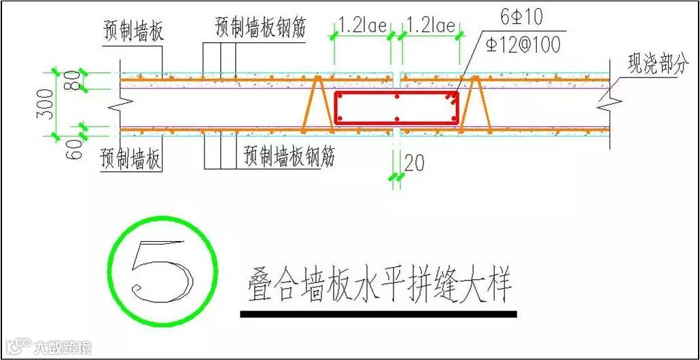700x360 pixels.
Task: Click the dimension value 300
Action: click(46, 103)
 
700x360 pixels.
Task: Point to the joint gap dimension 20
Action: click(413, 164)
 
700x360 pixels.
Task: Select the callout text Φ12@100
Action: click(523, 45)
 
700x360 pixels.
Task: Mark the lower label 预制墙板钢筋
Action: click(290, 158)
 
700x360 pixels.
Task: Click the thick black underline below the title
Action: click(378, 314)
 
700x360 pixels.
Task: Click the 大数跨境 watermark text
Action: click(61, 348)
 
